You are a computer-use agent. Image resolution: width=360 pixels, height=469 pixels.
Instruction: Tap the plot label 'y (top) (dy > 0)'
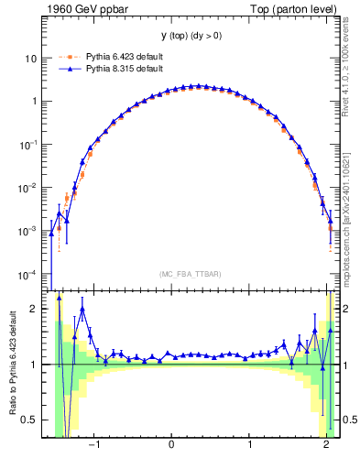pos(191,38)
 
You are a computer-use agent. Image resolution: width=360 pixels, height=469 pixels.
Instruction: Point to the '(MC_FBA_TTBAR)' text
pos(191,274)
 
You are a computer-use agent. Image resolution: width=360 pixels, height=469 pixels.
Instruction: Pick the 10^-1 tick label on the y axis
pos(27,145)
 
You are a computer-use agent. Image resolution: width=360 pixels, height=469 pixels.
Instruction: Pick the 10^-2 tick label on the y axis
pos(27,189)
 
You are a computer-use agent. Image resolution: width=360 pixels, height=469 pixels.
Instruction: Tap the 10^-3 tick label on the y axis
pos(27,232)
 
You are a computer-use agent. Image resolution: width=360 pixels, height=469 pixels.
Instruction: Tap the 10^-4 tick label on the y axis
pos(27,276)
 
